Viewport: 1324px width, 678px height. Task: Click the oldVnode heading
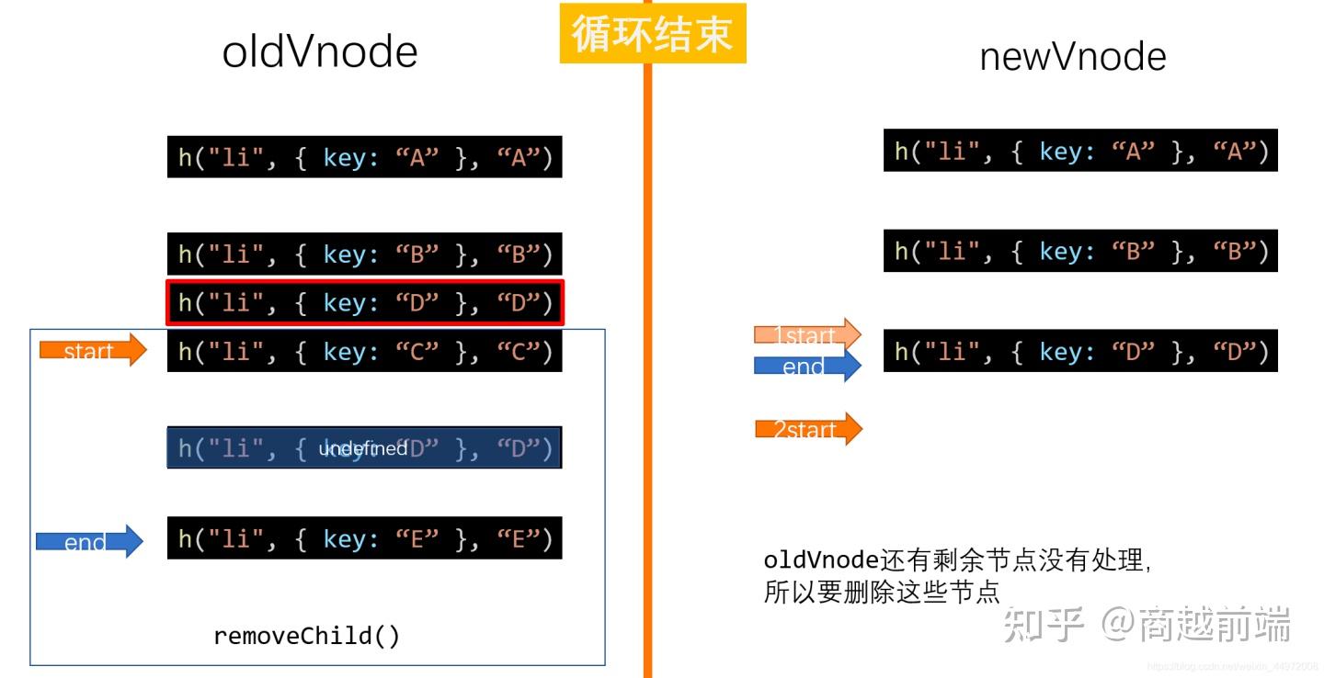320,52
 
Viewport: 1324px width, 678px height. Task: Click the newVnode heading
1073,57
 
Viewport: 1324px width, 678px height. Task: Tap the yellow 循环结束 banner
653,34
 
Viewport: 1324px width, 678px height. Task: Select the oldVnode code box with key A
364,157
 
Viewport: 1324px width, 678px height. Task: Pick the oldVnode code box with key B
364,254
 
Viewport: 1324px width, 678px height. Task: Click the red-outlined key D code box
364,302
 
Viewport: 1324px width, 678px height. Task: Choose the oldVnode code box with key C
364,350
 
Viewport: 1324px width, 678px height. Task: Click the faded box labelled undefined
364,447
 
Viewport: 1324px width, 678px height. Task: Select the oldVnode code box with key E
364,537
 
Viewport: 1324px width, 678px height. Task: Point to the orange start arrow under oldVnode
92,350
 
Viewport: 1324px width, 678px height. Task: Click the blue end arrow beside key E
89,542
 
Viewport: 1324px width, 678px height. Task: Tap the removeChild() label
307,636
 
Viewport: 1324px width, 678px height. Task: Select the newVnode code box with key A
1080,151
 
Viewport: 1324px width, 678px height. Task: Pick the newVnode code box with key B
1080,250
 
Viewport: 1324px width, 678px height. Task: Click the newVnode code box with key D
1080,350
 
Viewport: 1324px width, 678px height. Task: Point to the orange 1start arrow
806,335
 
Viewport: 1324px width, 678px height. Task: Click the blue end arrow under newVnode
806,366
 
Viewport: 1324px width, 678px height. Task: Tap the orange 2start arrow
808,429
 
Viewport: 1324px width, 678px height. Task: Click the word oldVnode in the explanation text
822,560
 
